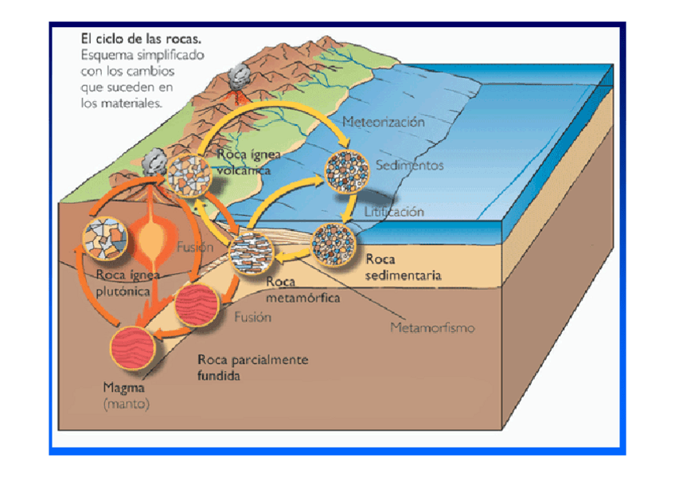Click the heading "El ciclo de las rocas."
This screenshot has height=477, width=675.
(x=140, y=38)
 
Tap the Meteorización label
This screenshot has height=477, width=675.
(x=383, y=122)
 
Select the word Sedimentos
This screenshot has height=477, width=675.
(x=409, y=166)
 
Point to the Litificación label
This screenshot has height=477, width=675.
(x=394, y=212)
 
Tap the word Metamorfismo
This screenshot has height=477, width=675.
(x=433, y=327)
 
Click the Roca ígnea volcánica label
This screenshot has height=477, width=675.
(x=244, y=162)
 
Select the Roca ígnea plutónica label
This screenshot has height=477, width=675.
(x=127, y=283)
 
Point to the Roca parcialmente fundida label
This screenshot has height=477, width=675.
(x=252, y=367)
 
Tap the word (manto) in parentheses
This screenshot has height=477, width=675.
(x=126, y=405)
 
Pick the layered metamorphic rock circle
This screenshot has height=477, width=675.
(x=252, y=254)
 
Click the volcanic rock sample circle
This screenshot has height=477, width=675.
(x=188, y=175)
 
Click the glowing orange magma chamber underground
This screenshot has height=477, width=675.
(x=150, y=239)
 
